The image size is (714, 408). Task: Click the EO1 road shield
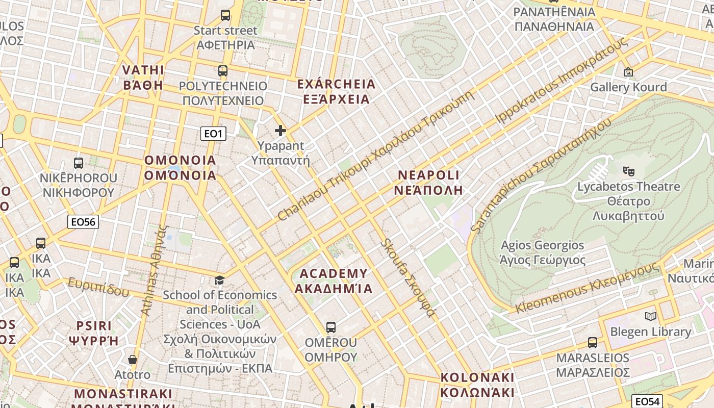[x=213, y=134]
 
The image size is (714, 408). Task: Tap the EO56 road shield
[x=83, y=221]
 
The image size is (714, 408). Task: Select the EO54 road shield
[x=647, y=401]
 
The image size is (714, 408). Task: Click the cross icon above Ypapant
[x=280, y=131]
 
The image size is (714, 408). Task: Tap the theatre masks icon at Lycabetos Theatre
[x=628, y=171]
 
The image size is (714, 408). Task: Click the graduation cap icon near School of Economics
[x=219, y=280]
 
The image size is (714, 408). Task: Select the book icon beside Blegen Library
[x=651, y=316]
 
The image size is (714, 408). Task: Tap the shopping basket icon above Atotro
[x=133, y=360]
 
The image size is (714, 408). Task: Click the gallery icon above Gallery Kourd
[x=628, y=72]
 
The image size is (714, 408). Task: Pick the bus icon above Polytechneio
[x=223, y=70]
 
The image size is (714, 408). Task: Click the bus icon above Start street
[x=225, y=15]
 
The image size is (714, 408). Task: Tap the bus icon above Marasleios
[x=593, y=342]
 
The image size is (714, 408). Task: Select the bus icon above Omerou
[x=331, y=327]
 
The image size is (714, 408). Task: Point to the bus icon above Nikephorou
[x=79, y=163]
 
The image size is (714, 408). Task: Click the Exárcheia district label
[x=336, y=91]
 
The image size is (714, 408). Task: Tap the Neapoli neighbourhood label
[x=428, y=183]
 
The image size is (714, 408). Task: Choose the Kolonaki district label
[x=477, y=385]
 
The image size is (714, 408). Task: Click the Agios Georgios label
[x=543, y=252]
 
